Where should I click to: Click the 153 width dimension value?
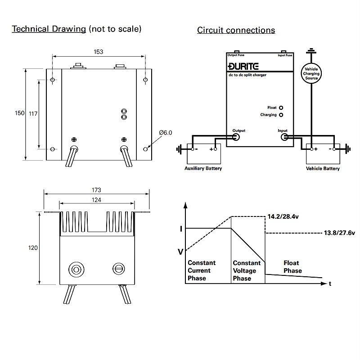(99, 52)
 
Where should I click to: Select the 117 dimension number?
(33, 114)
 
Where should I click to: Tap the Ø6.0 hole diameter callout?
(165, 133)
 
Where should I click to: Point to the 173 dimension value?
(96, 190)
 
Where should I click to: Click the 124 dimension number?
(96, 200)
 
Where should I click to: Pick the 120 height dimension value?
(33, 247)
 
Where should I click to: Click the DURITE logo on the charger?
(243, 67)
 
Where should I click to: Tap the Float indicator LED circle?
(281, 108)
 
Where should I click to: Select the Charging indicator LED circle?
(281, 115)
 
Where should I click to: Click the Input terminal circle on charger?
(284, 137)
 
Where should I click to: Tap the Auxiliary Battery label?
(203, 169)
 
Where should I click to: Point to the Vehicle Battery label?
(323, 169)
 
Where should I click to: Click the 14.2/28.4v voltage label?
(283, 217)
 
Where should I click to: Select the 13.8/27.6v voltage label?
(339, 233)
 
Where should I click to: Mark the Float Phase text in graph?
(292, 267)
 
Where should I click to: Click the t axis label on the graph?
(330, 284)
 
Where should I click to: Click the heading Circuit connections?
(236, 31)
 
